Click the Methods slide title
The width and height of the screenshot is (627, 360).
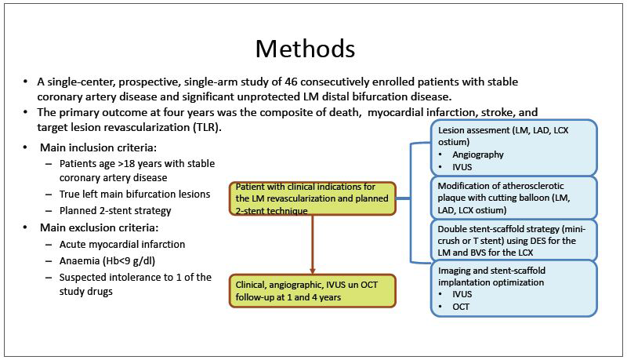pyautogui.click(x=305, y=49)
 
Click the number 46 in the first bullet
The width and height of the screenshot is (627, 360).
pyautogui.click(x=291, y=82)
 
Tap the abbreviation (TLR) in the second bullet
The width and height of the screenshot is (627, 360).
pyautogui.click(x=207, y=127)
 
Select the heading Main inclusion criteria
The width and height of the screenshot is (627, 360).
pyautogui.click(x=99, y=147)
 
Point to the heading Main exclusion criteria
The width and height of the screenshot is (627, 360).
pyautogui.click(x=100, y=227)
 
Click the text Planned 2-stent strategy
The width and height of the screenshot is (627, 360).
pyautogui.click(x=115, y=211)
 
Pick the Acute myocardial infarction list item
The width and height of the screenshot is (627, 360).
pyautogui.click(x=122, y=245)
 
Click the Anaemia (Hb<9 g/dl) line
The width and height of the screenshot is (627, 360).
pyautogui.click(x=107, y=261)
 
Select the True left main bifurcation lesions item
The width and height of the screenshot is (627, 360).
pyautogui.click(x=135, y=194)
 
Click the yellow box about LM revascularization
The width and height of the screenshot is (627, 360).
pyautogui.click(x=312, y=198)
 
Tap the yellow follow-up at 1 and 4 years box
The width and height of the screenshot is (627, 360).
pyautogui.click(x=312, y=291)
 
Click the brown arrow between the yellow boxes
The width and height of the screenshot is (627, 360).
pyautogui.click(x=312, y=245)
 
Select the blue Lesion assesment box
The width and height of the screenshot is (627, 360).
pyautogui.click(x=513, y=147)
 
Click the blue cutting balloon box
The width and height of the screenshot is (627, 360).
pyautogui.click(x=513, y=198)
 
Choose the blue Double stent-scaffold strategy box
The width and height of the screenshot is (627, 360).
pyautogui.click(x=513, y=240)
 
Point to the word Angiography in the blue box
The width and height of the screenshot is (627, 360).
pyautogui.click(x=478, y=155)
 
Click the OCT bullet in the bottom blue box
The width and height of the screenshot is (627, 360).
pyautogui.click(x=461, y=307)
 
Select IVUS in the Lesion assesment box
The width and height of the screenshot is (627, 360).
pyautogui.click(x=462, y=167)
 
